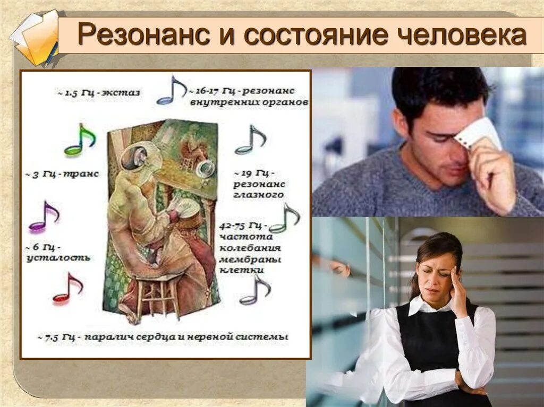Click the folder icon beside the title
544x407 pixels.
pos(35,39)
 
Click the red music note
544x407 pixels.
pos(68,289)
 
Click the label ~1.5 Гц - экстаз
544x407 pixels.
pos(99,93)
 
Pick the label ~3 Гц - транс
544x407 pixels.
pos(62,174)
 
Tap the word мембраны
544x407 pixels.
pos(250,259)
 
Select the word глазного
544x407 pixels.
pos(258,195)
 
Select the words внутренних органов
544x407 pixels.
pos(250,102)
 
